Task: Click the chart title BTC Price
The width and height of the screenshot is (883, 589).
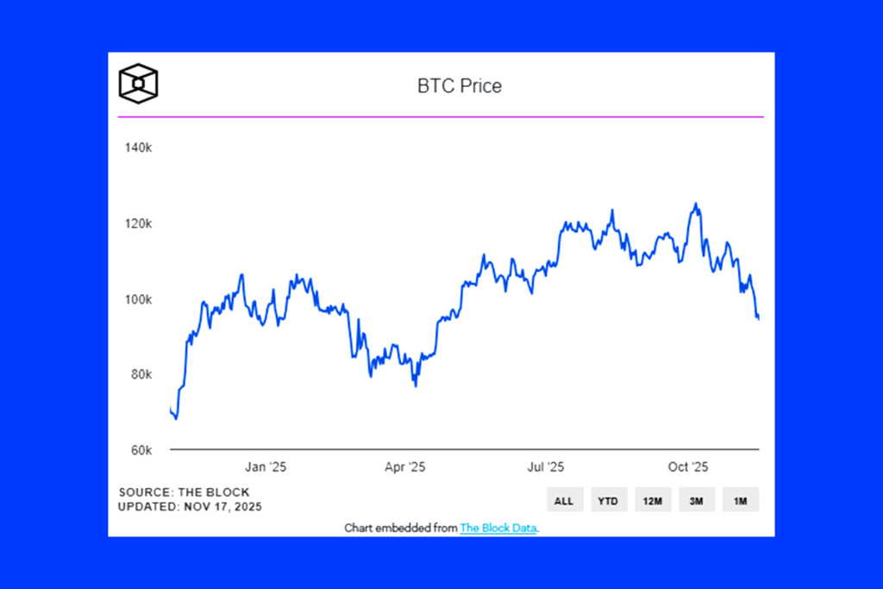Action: point(459,86)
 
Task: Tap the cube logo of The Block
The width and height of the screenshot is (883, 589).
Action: point(138,84)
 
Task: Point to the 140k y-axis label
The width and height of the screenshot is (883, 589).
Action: point(138,148)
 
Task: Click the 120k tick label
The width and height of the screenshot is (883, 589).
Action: point(138,223)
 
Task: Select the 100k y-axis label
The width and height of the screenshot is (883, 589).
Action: point(138,299)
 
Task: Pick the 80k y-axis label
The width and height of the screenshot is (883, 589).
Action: point(140,374)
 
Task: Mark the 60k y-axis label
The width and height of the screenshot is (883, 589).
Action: point(140,450)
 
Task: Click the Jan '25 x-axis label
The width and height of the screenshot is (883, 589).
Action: point(266,467)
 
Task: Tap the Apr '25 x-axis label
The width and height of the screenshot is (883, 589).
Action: point(404,467)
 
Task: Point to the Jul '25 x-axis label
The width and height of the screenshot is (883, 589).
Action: point(545,467)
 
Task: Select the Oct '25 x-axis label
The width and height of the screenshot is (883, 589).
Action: point(687,467)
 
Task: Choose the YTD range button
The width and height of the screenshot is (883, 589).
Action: point(609,500)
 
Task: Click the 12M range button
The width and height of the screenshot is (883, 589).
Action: point(653,500)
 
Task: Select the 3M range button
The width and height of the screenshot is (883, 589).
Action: point(697,500)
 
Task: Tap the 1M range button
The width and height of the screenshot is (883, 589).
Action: point(741,500)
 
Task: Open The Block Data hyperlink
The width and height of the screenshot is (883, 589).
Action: point(499,528)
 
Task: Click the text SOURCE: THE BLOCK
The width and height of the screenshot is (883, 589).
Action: point(184,492)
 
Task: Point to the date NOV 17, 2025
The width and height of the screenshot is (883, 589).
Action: point(223,507)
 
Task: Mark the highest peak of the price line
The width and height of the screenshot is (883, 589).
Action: point(695,204)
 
